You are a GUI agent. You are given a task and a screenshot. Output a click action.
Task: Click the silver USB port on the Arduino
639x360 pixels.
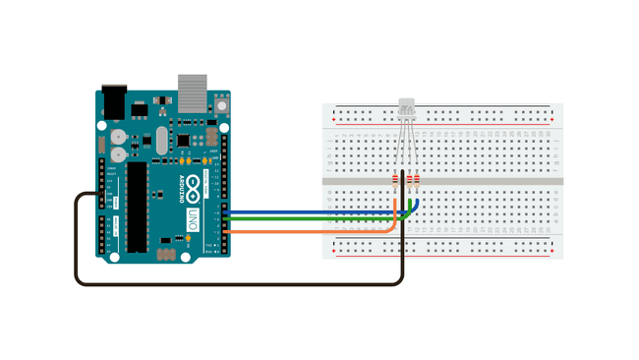pos(193,93)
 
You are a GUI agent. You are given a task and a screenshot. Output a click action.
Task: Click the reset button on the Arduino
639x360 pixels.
pos(222,103)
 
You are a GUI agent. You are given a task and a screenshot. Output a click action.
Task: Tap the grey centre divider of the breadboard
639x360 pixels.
pos(442,181)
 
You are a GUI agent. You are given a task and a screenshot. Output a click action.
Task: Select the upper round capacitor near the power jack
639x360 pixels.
pos(118,138)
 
